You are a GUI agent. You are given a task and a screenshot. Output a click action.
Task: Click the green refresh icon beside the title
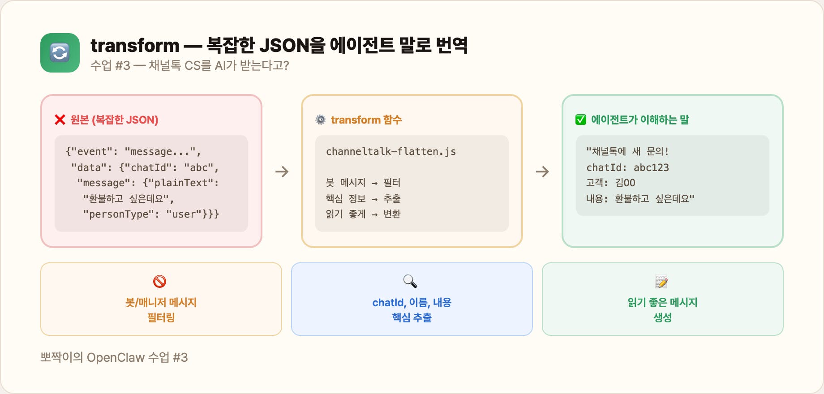coord(60,53)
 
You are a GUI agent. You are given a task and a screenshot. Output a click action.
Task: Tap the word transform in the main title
coord(135,45)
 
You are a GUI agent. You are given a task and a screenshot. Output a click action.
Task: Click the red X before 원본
coord(60,120)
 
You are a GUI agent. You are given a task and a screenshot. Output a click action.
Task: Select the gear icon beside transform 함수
coord(321,120)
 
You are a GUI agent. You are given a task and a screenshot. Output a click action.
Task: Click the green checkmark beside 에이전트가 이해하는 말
coord(581,120)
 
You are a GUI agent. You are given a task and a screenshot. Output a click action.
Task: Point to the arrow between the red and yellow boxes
coord(282,171)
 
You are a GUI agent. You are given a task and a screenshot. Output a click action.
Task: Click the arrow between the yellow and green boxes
coord(542,171)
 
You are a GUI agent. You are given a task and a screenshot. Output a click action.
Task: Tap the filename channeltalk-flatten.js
coord(391,151)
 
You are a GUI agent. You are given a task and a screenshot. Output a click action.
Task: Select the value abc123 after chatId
coord(651,167)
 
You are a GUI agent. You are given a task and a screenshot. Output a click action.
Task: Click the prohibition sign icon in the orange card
coord(160,282)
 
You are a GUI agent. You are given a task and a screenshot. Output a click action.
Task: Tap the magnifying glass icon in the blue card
coord(410,281)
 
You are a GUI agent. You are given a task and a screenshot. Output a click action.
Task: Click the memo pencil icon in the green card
coord(661,282)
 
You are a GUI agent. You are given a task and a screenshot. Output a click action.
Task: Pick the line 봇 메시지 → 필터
coord(363,183)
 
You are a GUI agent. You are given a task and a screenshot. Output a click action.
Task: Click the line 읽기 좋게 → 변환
coord(363,214)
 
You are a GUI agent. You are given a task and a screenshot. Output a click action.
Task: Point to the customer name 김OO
coord(625,183)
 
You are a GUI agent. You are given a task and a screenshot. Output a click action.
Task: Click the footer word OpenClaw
coord(116,357)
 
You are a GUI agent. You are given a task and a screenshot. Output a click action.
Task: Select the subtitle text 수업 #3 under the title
coord(110,65)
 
